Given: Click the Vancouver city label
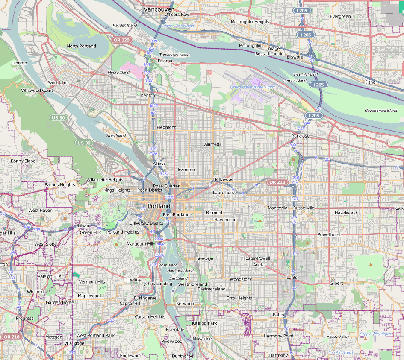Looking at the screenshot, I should pyautogui.click(x=159, y=9).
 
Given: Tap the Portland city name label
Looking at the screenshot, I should pyautogui.click(x=159, y=206).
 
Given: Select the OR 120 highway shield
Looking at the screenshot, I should pyautogui.click(x=121, y=40).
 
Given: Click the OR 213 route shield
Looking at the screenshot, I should pyautogui.click(x=277, y=182).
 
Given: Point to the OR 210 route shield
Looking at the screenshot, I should pyautogui.click(x=11, y=337).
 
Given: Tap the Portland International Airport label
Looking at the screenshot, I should pyautogui.click(x=252, y=87).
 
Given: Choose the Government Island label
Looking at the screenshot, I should pyautogui.click(x=380, y=111).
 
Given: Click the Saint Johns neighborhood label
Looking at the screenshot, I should pyautogui.click(x=59, y=82).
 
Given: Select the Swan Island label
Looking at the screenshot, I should pyautogui.click(x=115, y=135).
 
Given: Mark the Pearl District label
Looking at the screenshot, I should pyautogui.click(x=149, y=190).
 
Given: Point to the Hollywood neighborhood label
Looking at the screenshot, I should pyautogui.click(x=224, y=179).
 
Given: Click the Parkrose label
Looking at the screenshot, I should pyautogui.click(x=300, y=136).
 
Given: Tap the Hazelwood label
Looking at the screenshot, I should pyautogui.click(x=345, y=213).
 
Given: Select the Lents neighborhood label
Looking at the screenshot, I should pyautogui.click(x=292, y=278).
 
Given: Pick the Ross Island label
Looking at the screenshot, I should pyautogui.click(x=168, y=265).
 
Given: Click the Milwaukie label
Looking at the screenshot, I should pyautogui.click(x=202, y=338).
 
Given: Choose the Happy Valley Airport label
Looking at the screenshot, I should pyautogui.click(x=376, y=334).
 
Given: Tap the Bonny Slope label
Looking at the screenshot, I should pyautogui.click(x=23, y=161).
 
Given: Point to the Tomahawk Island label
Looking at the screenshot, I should pyautogui.click(x=174, y=55).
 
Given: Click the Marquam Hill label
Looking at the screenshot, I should pyautogui.click(x=140, y=244).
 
